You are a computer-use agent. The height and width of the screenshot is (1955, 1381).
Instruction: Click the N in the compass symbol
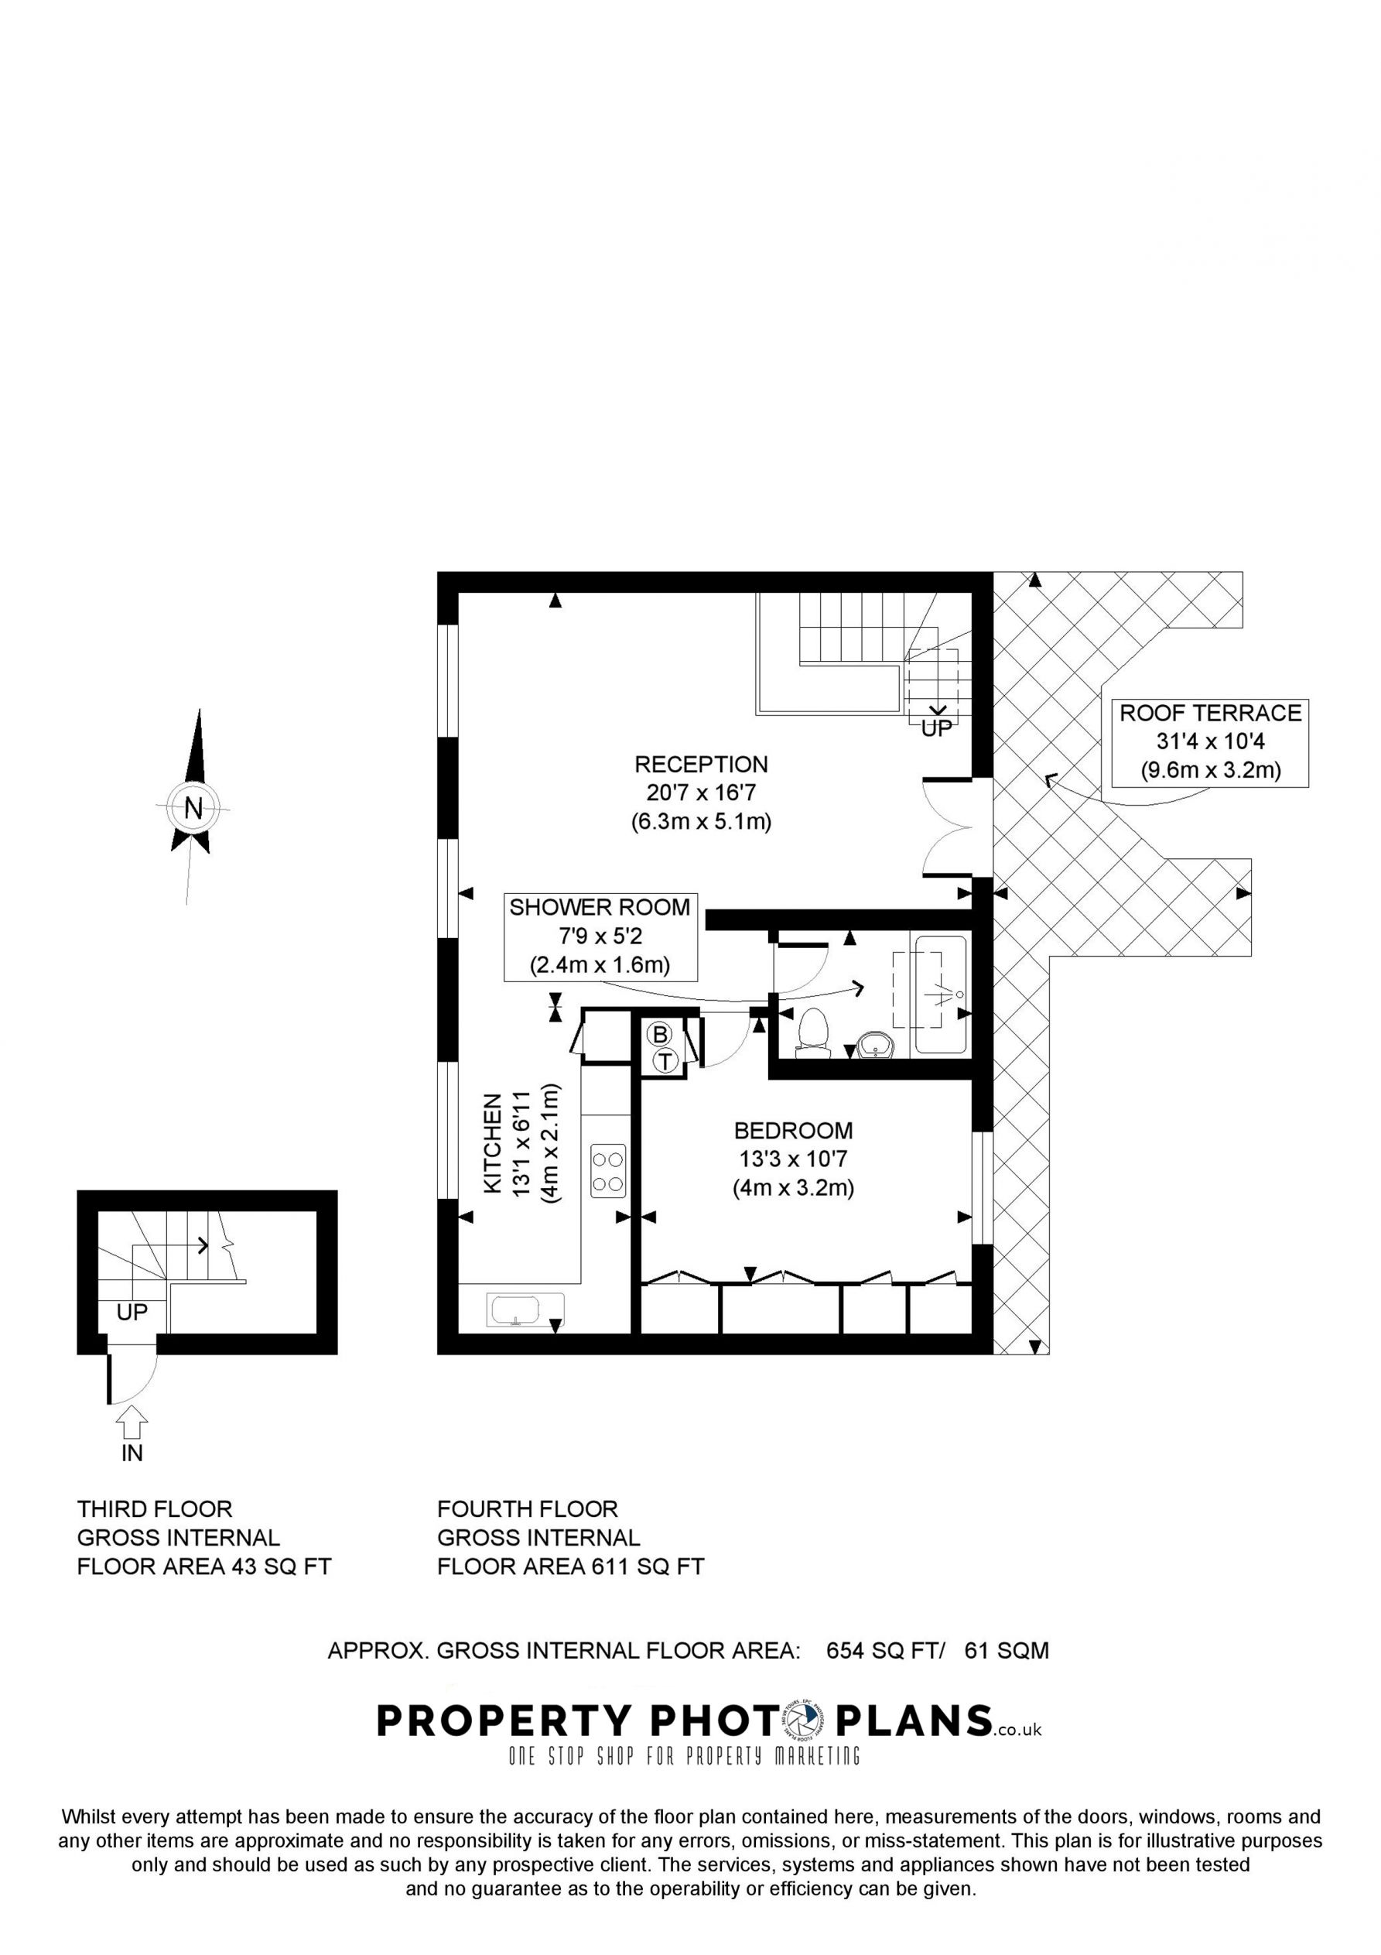pos(193,807)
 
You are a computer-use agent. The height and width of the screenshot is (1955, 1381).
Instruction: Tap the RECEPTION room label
pos(701,764)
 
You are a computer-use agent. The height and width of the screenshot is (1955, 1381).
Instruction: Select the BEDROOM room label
pos(793,1130)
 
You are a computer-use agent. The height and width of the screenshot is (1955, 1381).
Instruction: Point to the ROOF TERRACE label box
pos(1210,741)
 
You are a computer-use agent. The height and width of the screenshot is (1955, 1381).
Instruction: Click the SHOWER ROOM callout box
pos(600,936)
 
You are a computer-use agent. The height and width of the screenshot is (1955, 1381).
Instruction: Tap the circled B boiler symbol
pos(659,1035)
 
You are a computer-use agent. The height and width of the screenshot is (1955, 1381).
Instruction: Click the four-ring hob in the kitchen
pos(608,1171)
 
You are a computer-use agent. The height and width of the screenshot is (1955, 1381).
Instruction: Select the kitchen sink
pos(525,1309)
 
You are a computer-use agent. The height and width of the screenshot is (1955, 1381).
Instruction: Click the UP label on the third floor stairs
pos(132,1312)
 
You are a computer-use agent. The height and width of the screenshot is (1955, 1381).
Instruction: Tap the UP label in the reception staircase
pos(935,729)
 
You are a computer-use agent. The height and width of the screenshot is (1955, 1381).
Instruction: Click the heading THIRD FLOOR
pos(154,1509)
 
